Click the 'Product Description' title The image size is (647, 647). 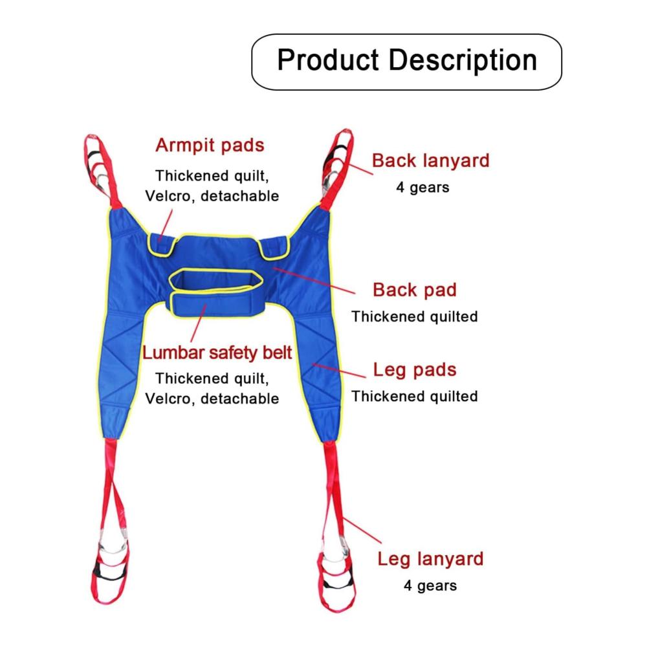(x=407, y=61)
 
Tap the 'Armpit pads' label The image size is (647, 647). (x=210, y=146)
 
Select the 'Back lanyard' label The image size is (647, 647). (x=431, y=160)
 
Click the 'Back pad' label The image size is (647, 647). (x=415, y=290)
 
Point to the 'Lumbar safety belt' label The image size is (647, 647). (x=217, y=353)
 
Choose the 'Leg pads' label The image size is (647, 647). (x=415, y=369)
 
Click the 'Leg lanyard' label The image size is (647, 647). (x=430, y=559)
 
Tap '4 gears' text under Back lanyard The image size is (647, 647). (x=422, y=188)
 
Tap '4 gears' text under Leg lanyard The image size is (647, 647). (x=430, y=586)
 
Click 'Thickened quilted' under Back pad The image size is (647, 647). (x=415, y=316)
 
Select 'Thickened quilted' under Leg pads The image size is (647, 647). (x=415, y=396)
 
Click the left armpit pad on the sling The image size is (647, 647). (x=161, y=245)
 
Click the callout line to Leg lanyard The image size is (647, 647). (x=362, y=531)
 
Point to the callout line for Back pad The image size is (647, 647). (x=314, y=281)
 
